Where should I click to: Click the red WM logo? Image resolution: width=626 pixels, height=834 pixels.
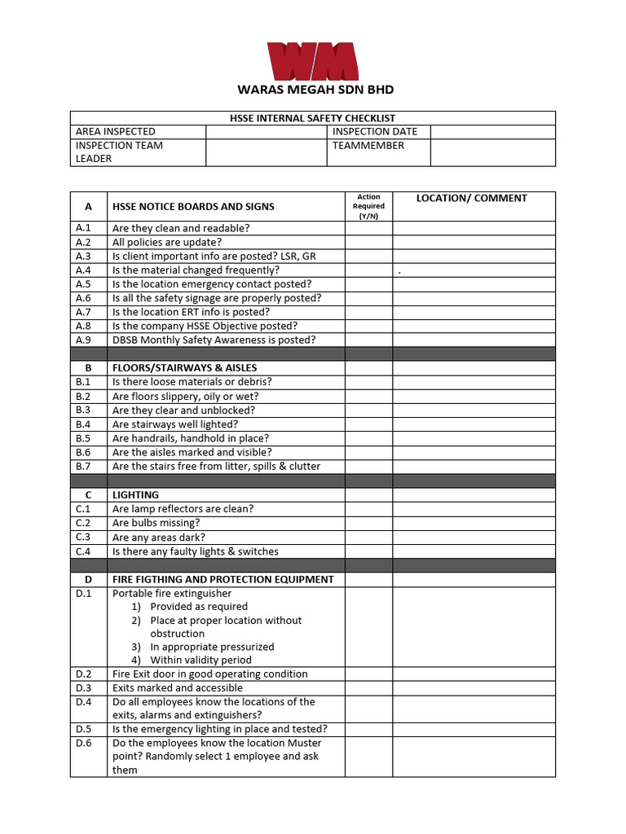point(313,61)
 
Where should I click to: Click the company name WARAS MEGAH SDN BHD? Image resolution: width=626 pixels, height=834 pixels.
point(315,90)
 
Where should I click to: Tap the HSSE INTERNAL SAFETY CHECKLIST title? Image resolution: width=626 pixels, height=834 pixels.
point(312,118)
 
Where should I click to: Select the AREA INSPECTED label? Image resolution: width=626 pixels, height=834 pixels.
point(115,131)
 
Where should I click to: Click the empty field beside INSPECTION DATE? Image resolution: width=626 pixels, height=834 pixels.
point(492,131)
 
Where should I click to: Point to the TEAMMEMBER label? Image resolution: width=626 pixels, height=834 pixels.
point(368,145)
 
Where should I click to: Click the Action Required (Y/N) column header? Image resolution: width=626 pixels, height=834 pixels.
point(368,206)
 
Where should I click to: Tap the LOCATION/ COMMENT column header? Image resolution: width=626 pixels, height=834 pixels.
point(472,198)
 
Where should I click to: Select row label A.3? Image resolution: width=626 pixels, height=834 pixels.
point(84,256)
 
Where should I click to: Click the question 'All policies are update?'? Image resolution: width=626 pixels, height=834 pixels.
point(167,242)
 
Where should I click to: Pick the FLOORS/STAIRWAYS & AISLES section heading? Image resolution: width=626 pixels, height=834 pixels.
point(184,367)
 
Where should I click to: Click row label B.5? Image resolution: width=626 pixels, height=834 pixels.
point(84,438)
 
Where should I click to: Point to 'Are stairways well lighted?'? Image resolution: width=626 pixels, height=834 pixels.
point(175,424)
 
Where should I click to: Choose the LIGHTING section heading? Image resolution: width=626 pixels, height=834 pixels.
point(135,494)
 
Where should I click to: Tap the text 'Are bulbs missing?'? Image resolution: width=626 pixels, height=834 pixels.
point(156,523)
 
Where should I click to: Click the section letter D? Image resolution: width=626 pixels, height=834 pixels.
point(88,579)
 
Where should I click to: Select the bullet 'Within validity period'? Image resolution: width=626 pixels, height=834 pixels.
point(201,660)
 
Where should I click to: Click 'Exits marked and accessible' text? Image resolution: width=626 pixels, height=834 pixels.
point(177,687)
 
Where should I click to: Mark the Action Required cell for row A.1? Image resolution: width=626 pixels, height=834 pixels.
point(368,228)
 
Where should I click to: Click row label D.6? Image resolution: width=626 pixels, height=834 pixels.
point(84,743)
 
